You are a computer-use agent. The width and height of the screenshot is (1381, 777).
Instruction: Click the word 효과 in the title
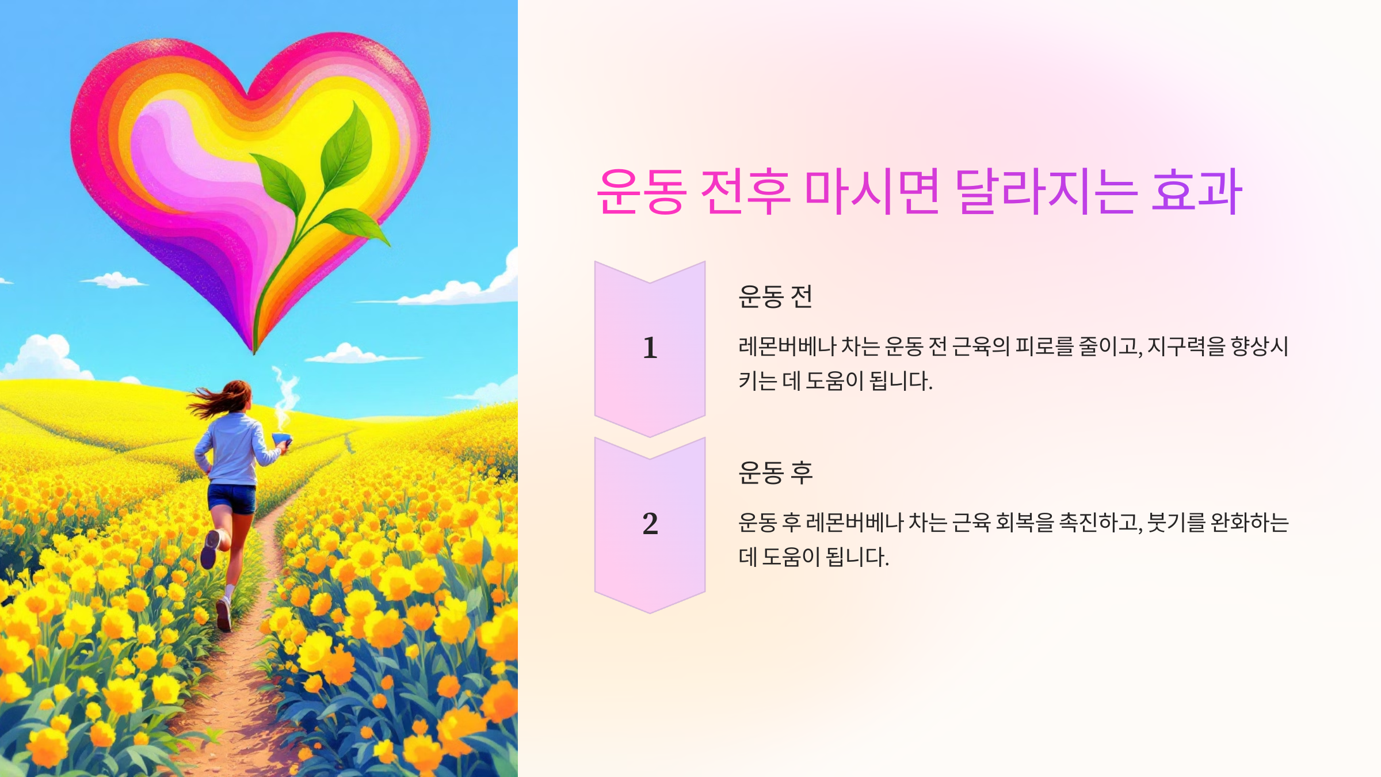[1197, 192]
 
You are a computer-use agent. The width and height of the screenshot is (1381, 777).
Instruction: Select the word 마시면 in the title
[872, 192]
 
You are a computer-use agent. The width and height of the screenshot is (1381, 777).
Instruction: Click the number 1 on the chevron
[650, 348]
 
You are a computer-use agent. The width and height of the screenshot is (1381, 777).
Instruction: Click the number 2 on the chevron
[650, 524]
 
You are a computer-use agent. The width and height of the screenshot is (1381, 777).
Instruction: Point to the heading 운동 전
[775, 297]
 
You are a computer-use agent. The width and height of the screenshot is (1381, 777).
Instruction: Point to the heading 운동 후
[775, 473]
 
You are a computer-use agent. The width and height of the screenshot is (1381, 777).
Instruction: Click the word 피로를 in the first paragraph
[1044, 346]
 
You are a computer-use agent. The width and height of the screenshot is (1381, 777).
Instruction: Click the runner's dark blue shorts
[232, 498]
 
